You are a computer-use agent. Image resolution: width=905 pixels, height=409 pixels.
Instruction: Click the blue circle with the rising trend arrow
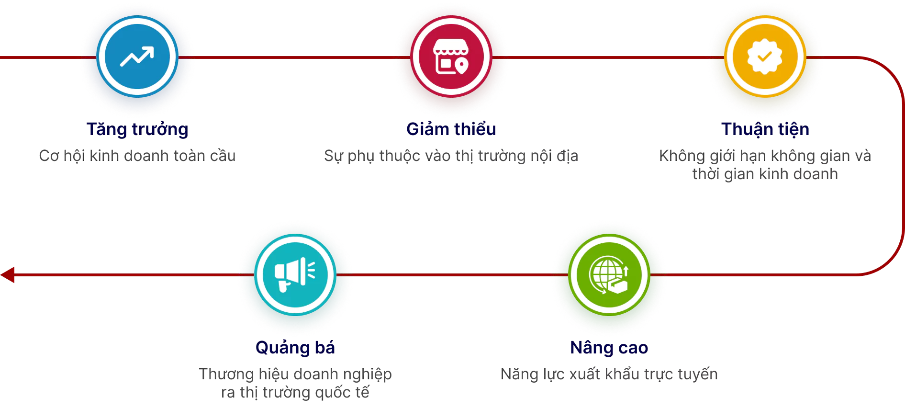(137, 57)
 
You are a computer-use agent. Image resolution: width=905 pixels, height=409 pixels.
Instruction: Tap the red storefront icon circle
(451, 57)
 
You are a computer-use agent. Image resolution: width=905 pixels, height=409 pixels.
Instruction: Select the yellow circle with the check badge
(765, 57)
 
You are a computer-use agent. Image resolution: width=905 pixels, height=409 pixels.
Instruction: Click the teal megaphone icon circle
(295, 274)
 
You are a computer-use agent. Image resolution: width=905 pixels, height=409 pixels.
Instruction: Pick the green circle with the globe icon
(609, 274)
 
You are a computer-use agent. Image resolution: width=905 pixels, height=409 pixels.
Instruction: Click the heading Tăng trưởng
(137, 129)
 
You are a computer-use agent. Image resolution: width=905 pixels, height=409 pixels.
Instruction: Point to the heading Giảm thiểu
(451, 129)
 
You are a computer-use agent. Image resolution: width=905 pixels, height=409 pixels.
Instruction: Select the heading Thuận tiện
(765, 129)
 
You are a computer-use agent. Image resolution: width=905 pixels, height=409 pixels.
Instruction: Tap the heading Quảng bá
(295, 347)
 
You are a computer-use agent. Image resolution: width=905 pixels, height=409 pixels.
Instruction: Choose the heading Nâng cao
(609, 347)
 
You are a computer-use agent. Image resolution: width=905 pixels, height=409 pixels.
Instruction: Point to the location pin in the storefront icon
(461, 66)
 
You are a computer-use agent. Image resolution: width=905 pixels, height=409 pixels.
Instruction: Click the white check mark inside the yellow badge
(765, 57)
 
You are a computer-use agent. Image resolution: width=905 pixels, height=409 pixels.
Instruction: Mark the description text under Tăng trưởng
(137, 156)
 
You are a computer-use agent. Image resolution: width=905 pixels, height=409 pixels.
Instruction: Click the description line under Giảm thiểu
(450, 156)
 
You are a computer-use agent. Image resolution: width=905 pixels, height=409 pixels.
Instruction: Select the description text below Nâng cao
(610, 374)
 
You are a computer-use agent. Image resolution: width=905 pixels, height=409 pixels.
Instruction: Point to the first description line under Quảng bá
(296, 374)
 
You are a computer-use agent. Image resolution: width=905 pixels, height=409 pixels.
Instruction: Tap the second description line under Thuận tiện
(765, 174)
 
